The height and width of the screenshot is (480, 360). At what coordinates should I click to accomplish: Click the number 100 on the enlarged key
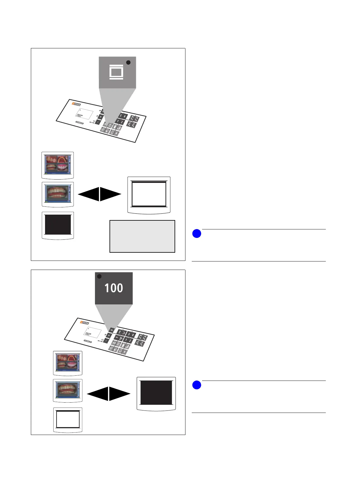pyautogui.click(x=114, y=288)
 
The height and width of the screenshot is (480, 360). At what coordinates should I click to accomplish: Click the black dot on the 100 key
pyautogui.click(x=99, y=277)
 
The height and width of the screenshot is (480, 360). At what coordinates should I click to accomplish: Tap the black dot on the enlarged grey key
pyautogui.click(x=128, y=62)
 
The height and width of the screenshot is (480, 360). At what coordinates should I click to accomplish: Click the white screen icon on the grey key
pyautogui.click(x=116, y=73)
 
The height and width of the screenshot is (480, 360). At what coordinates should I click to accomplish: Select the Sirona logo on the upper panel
pyautogui.click(x=77, y=104)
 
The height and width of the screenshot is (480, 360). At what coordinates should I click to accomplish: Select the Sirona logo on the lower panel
pyautogui.click(x=85, y=323)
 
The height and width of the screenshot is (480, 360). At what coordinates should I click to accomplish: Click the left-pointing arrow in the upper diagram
pyautogui.click(x=89, y=194)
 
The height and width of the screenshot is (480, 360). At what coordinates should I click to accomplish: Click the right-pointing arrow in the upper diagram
pyautogui.click(x=110, y=194)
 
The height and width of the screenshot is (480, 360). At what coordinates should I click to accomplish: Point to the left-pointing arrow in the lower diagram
pyautogui.click(x=98, y=394)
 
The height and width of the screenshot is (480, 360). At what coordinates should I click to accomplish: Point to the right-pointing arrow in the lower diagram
pyautogui.click(x=119, y=394)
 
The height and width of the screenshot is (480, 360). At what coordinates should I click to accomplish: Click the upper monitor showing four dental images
pyautogui.click(x=57, y=165)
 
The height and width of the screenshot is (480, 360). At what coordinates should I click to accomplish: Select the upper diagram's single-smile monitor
pyautogui.click(x=57, y=194)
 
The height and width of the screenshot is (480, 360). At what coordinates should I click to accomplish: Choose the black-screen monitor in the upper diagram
pyautogui.click(x=57, y=225)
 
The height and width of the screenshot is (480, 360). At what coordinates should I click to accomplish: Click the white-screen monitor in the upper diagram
pyautogui.click(x=149, y=195)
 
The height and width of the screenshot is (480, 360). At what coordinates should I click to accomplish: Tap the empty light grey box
pyautogui.click(x=142, y=236)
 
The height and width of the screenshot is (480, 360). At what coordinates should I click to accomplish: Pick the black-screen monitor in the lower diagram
pyautogui.click(x=156, y=393)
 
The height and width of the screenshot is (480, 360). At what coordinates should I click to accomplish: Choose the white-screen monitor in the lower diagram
pyautogui.click(x=68, y=420)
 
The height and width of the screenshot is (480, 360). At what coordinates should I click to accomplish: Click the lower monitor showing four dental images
pyautogui.click(x=67, y=363)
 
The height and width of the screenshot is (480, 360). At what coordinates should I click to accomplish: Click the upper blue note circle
pyautogui.click(x=197, y=234)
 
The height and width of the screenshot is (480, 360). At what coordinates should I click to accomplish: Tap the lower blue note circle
pyautogui.click(x=197, y=385)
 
